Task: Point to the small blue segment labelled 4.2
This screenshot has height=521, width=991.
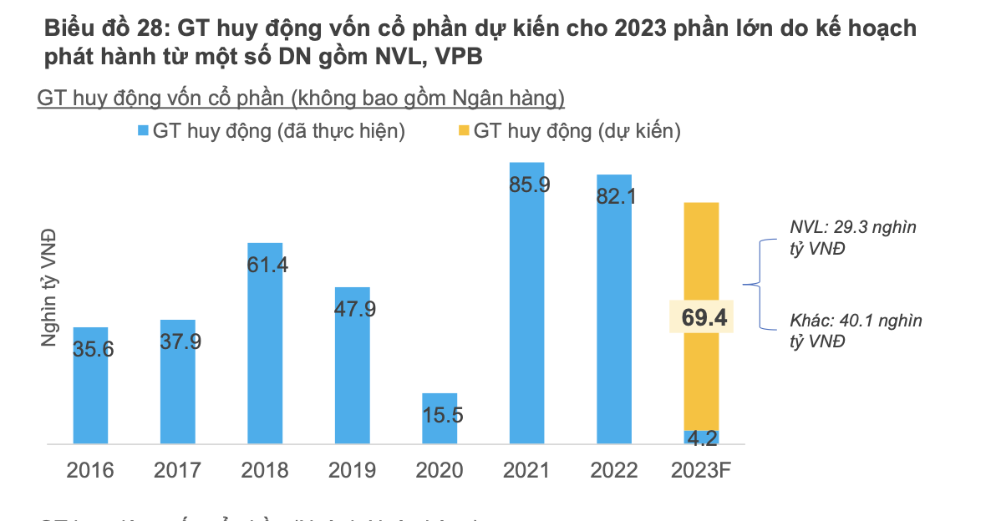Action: (701, 437)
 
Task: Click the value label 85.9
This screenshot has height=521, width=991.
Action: (529, 185)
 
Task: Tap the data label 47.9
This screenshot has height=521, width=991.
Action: (355, 309)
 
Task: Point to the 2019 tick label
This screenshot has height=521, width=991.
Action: (352, 470)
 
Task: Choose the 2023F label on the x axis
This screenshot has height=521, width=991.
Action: (701, 470)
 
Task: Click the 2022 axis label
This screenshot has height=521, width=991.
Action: (614, 470)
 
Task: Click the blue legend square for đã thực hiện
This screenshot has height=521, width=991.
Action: (143, 131)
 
